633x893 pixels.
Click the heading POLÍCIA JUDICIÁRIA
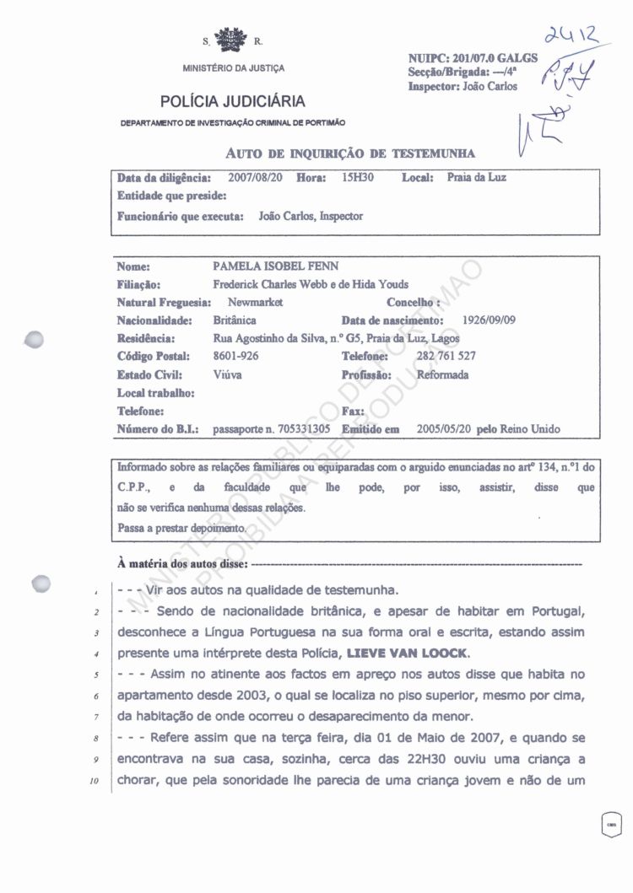[x=233, y=102]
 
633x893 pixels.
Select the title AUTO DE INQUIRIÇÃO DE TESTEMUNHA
[x=350, y=153]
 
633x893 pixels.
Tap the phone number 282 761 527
[x=446, y=356]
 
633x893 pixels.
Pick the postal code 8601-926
[x=235, y=357]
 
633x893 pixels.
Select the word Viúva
[x=227, y=374]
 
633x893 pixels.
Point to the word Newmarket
[x=256, y=302]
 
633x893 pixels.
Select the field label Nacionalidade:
[x=154, y=320]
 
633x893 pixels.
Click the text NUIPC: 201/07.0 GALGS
[x=472, y=60]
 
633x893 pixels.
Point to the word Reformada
[x=442, y=374]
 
